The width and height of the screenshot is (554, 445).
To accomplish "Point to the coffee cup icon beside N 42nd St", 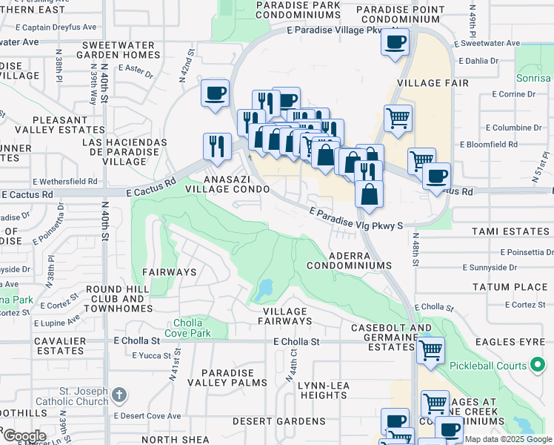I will (x=216, y=93).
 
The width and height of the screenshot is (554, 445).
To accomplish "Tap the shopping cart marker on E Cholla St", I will (x=430, y=349).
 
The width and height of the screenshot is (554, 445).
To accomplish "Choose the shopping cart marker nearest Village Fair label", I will (x=398, y=117).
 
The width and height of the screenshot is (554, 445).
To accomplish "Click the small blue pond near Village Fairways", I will (x=266, y=288).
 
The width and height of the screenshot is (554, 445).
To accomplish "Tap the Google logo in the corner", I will (x=24, y=435).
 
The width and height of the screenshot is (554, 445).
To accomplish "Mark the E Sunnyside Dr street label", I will (x=489, y=267).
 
